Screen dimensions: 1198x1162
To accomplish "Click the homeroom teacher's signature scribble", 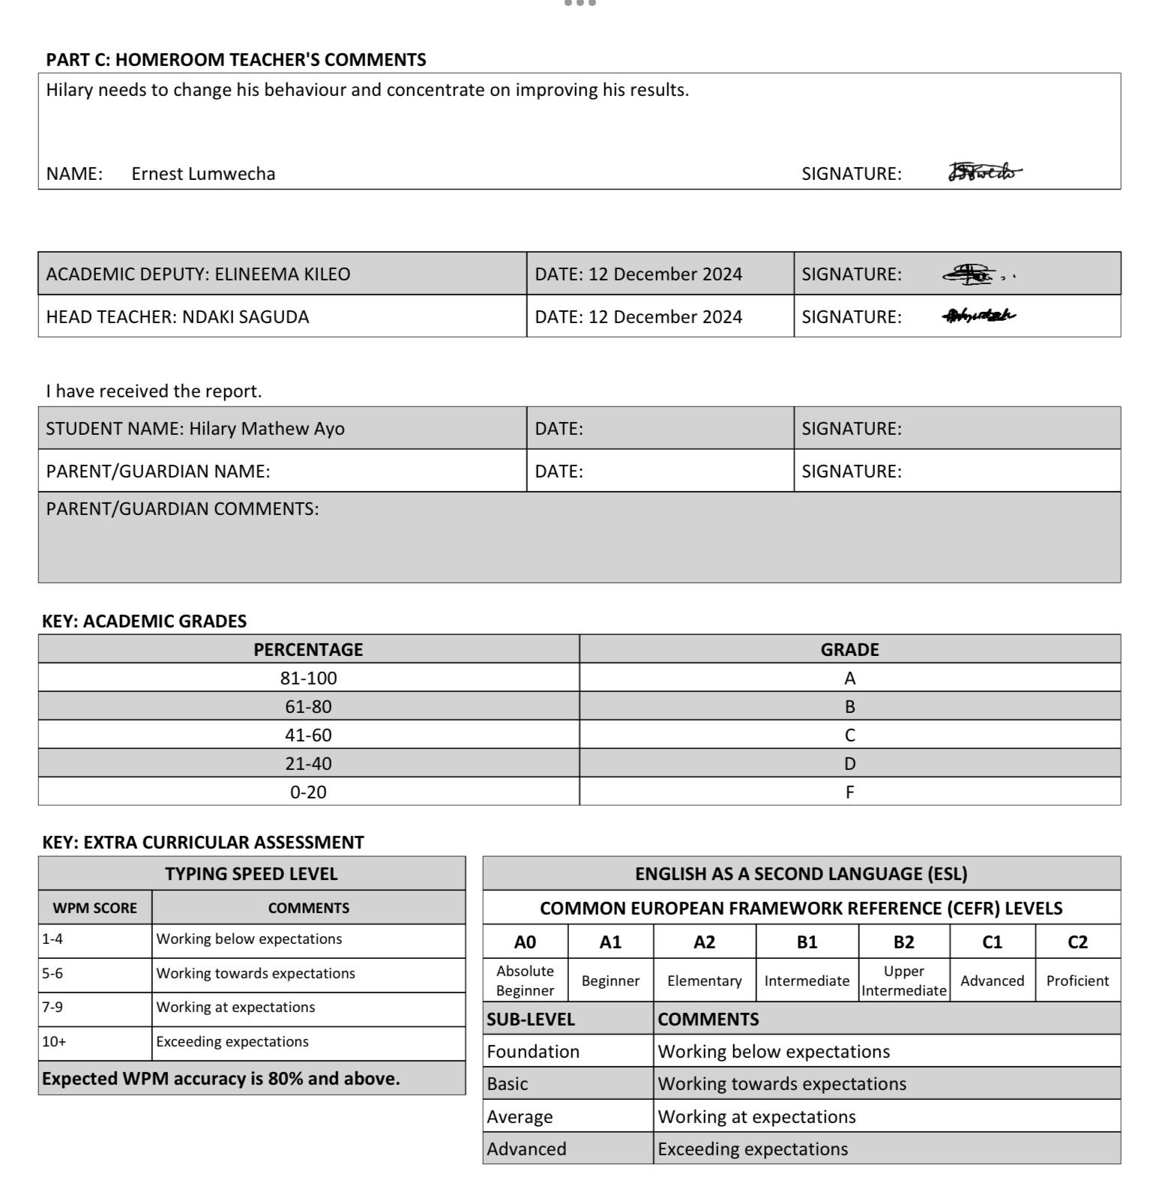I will (984, 172).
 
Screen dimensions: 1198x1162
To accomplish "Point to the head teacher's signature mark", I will (978, 316).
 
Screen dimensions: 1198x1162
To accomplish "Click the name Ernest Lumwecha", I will (203, 174).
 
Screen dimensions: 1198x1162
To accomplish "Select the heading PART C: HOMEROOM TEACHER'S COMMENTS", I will (236, 60).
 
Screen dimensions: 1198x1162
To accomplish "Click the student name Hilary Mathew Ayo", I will (266, 429).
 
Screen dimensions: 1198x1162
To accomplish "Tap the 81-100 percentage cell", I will (308, 678).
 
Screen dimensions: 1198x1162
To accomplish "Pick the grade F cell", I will (849, 792).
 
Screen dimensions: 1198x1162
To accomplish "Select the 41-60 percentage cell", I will (308, 735).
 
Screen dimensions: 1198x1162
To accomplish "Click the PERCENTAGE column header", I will (308, 650).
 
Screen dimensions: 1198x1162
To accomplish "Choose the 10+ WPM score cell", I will (94, 1042).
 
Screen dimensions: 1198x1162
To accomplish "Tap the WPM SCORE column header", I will (94, 909).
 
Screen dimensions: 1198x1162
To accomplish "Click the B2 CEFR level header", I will (903, 942).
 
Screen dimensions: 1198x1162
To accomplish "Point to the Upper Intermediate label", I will (903, 981).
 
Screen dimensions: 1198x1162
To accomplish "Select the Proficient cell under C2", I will (1077, 981).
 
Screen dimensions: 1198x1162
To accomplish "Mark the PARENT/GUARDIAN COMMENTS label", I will (182, 509).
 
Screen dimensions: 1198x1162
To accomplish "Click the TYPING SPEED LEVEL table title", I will (251, 874).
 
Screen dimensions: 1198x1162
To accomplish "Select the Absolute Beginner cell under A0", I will (525, 981).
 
